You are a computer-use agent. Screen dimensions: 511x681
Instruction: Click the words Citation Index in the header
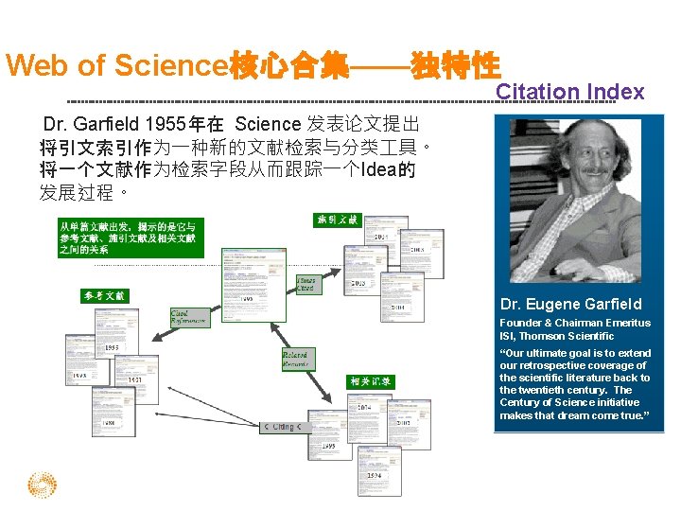[569, 92]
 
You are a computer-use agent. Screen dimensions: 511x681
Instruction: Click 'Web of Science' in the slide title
[113, 65]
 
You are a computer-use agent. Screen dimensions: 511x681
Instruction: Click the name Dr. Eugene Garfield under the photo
[570, 305]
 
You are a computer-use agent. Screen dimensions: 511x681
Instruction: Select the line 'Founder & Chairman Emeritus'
[574, 323]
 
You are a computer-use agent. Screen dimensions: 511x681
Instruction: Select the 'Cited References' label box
[191, 317]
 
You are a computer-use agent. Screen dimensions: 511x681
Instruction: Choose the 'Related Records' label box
[296, 360]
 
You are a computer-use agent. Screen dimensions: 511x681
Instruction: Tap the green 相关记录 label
[369, 381]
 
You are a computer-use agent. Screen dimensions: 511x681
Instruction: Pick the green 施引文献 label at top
[338, 220]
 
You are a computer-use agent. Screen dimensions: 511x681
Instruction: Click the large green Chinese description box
[130, 238]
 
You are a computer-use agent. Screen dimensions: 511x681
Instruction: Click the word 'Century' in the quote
[520, 402]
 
